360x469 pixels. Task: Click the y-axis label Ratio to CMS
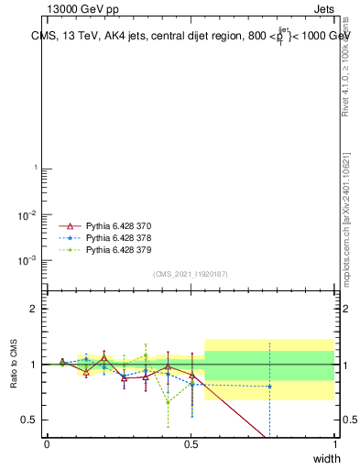[x=15, y=364]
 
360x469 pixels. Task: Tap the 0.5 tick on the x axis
[x=191, y=444]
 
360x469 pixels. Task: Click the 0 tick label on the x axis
[x=47, y=444]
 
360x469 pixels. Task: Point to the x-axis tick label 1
[x=335, y=444]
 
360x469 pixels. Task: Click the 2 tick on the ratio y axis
[x=34, y=309]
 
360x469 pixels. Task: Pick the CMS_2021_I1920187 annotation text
[x=190, y=274]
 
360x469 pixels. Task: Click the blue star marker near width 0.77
[x=269, y=387]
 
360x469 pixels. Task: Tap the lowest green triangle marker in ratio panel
[x=168, y=401]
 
